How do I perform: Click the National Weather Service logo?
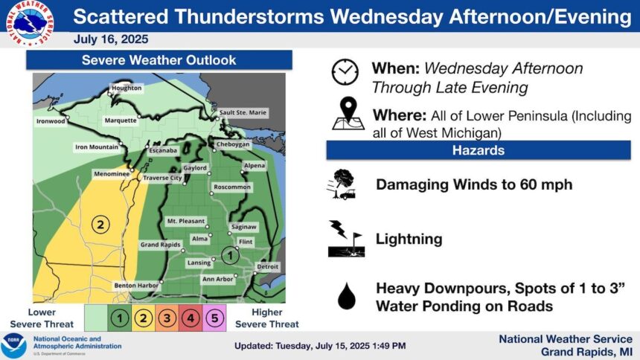point(30,23)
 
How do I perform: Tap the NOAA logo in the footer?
point(13,346)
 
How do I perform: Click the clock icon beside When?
point(345,72)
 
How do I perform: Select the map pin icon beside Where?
point(348,114)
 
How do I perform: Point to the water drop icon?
point(347,296)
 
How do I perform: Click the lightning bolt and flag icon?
point(346,239)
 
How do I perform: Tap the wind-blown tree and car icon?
point(342,184)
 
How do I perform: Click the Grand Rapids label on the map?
point(161,245)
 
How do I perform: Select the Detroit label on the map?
point(268,266)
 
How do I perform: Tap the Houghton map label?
point(127,88)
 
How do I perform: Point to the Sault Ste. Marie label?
point(243,112)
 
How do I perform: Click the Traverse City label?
point(162,178)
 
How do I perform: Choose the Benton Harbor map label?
point(136,286)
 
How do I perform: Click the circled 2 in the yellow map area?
point(100,224)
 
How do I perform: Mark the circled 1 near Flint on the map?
point(230,256)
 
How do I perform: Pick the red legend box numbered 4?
point(191,318)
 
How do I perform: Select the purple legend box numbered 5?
point(214,318)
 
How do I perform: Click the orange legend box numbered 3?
point(167,318)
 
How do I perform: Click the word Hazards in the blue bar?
point(479,150)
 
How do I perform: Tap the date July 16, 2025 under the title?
point(111,39)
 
